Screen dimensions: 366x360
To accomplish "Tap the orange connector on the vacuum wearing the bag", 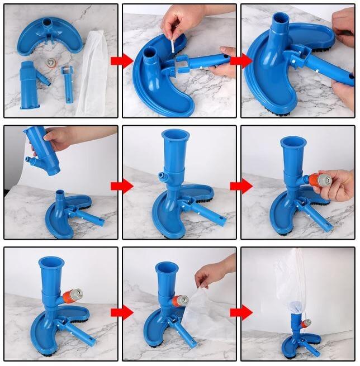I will coord(306,324).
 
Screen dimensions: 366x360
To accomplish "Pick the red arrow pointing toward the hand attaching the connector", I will coord(241,186).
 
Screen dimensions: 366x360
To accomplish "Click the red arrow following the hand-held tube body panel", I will coord(121,186).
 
